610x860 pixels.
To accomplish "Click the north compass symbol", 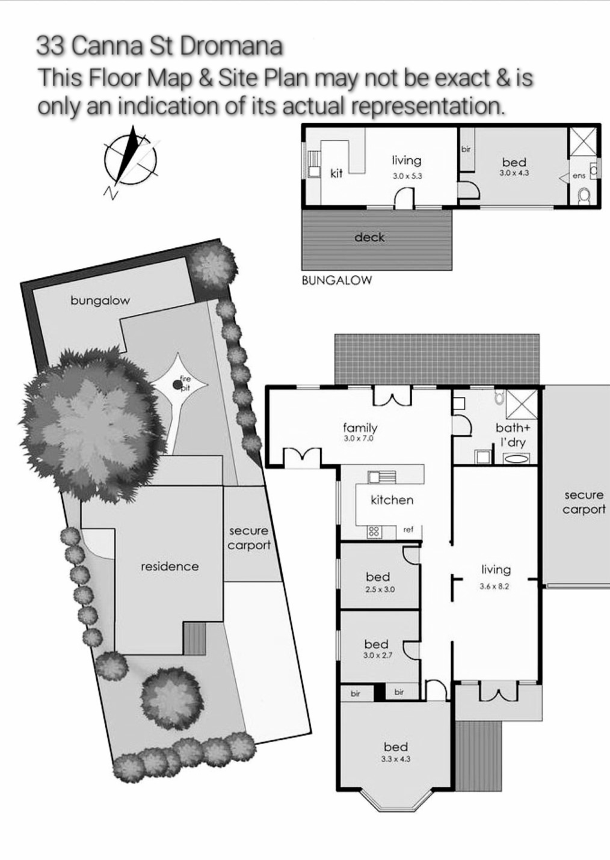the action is click(x=130, y=161).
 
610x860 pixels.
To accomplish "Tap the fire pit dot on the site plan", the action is click(x=177, y=384).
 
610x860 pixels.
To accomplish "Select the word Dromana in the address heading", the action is click(x=230, y=46).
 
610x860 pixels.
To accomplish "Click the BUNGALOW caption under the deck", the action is click(x=337, y=280).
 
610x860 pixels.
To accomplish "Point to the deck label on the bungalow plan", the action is click(x=369, y=238).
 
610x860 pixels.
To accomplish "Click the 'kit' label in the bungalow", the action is click(x=336, y=174).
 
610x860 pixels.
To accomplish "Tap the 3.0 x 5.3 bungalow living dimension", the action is click(x=407, y=176).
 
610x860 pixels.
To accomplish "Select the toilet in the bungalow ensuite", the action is click(x=585, y=197).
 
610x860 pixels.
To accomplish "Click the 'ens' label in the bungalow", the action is click(x=579, y=176).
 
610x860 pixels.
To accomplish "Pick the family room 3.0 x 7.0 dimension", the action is click(x=359, y=438).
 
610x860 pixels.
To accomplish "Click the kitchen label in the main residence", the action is click(x=392, y=500).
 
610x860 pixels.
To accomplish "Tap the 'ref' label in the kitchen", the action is click(x=408, y=529).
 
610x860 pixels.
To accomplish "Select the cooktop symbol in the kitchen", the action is click(x=374, y=532).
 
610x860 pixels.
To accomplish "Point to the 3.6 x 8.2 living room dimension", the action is click(x=494, y=586).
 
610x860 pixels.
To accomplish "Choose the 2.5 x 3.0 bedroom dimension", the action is click(x=379, y=589).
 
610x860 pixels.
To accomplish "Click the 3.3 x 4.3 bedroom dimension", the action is click(x=396, y=758).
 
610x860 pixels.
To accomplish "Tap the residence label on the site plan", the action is click(x=170, y=567).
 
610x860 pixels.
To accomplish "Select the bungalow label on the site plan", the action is click(x=100, y=300).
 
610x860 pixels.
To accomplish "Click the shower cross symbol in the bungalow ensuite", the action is click(x=583, y=142).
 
